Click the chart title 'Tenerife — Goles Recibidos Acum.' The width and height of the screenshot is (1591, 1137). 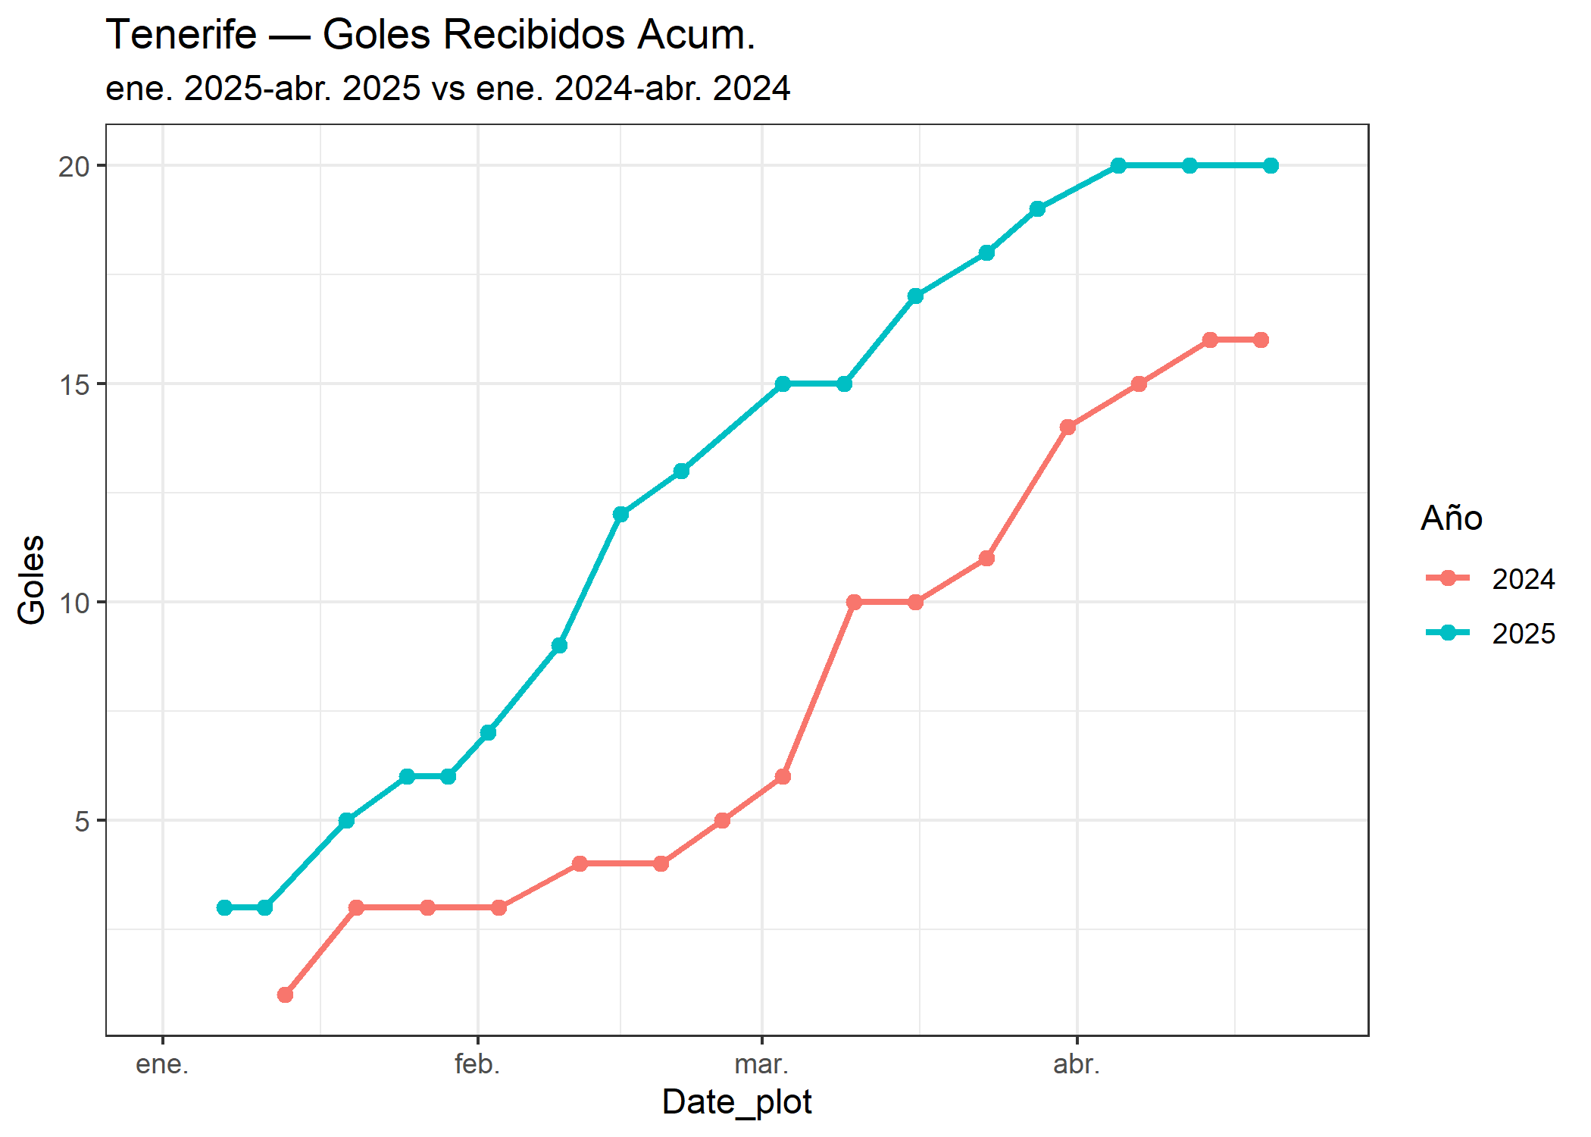(x=430, y=35)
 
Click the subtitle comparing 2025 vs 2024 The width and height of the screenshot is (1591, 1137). (x=447, y=89)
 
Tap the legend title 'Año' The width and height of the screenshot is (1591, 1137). (x=1451, y=518)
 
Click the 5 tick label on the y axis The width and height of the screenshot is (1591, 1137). (x=82, y=821)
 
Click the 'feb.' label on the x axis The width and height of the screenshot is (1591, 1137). (x=477, y=1064)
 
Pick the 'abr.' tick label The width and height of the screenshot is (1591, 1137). (x=1076, y=1064)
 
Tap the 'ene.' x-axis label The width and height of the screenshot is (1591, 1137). (x=162, y=1064)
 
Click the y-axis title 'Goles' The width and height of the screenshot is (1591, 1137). (x=32, y=580)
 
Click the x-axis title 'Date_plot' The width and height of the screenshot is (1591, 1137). (x=736, y=1101)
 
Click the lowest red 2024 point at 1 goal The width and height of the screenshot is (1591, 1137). (x=285, y=994)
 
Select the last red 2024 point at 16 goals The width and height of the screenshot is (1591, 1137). (x=1261, y=340)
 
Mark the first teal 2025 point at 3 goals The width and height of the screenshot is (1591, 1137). (x=224, y=907)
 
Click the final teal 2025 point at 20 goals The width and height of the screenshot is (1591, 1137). (x=1271, y=166)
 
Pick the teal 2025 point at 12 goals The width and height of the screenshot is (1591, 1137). (x=620, y=515)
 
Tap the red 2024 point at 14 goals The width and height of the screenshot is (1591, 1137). (x=1067, y=428)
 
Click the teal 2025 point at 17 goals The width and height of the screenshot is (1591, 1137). (x=915, y=296)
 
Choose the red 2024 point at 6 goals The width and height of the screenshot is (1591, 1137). (x=783, y=777)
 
